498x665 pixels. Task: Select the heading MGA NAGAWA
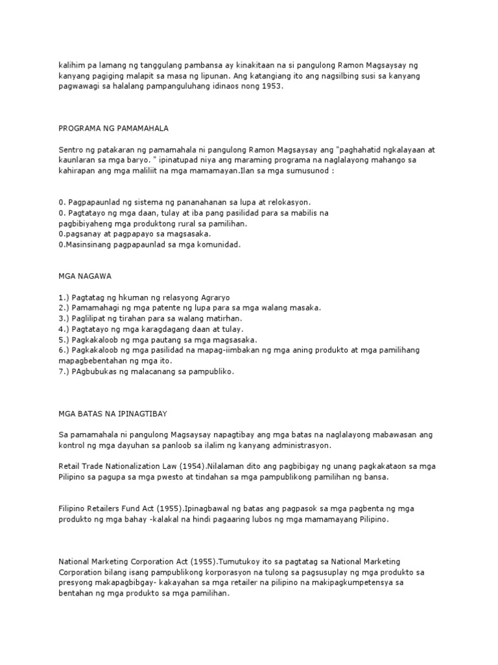pos(85,275)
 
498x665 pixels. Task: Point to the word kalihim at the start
pos(70,65)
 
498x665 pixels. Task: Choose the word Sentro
pos(71,149)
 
